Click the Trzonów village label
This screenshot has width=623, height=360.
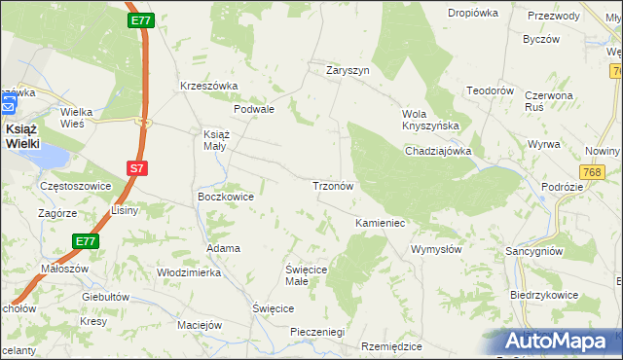338,185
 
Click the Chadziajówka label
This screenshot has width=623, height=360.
438,151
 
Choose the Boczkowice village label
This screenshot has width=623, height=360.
226,197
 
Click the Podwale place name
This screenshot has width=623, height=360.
258,110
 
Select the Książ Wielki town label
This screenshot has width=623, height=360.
22,135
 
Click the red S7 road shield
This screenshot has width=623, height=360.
137,168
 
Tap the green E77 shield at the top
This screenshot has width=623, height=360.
139,18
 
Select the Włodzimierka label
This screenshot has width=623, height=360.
189,273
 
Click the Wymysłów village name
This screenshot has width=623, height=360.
436,249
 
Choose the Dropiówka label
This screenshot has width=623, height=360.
473,13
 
